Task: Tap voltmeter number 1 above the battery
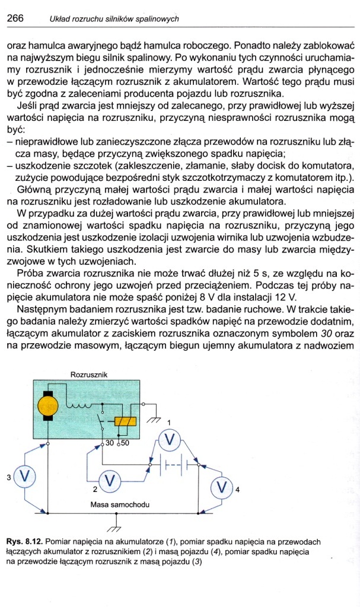[x=171, y=439]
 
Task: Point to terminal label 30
[x=109, y=442]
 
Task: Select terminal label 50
[x=125, y=442]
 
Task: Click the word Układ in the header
[x=60, y=19]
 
